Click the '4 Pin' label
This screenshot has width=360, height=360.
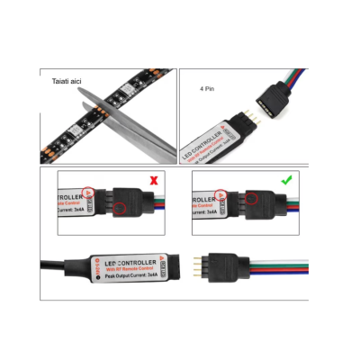pyautogui.click(x=207, y=90)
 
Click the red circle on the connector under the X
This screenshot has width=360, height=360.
pyautogui.click(x=120, y=208)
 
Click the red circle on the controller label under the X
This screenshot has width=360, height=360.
pyautogui.click(x=89, y=193)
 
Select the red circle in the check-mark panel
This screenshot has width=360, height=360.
pyautogui.click(x=255, y=198)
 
